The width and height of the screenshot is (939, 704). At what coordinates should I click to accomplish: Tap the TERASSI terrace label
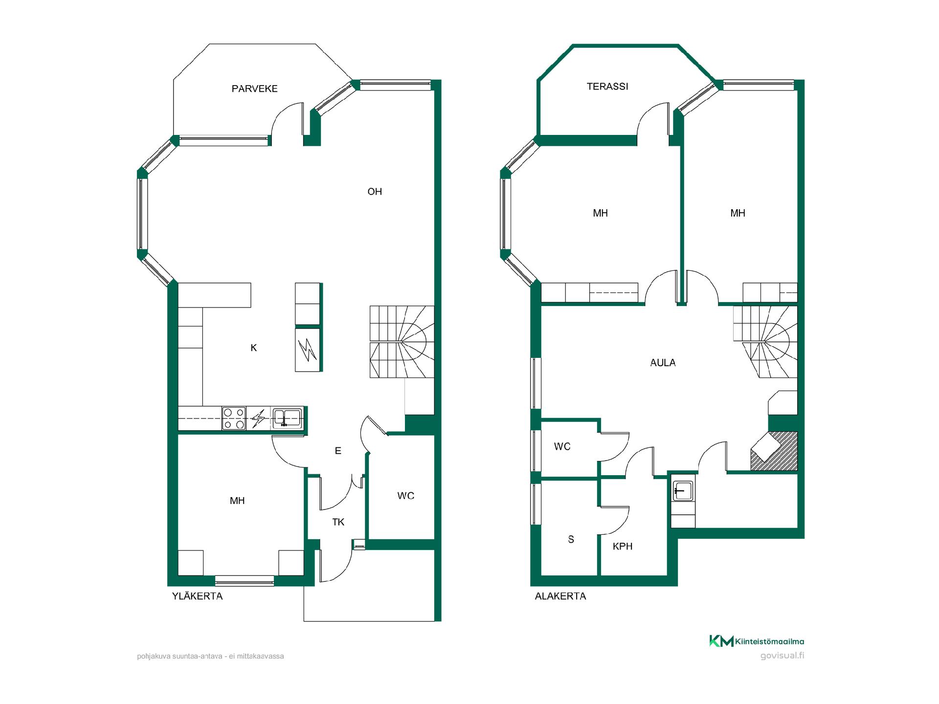click(x=607, y=87)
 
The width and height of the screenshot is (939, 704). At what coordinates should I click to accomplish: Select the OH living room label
click(x=375, y=192)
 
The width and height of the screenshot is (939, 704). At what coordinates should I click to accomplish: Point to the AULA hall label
click(x=663, y=363)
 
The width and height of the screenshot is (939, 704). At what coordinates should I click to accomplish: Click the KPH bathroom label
click(x=623, y=547)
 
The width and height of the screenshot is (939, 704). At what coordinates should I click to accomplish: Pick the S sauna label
click(x=571, y=540)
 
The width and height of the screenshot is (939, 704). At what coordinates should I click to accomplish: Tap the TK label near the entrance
click(x=338, y=522)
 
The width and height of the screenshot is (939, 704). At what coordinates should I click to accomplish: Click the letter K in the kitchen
click(x=254, y=348)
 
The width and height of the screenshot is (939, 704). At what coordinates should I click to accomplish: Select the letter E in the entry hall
click(x=338, y=451)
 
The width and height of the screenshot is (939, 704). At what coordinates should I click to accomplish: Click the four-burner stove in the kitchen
click(x=234, y=418)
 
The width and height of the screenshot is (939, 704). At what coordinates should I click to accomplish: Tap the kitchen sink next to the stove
click(x=287, y=418)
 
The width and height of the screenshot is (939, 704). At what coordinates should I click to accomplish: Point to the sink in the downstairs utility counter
click(x=682, y=490)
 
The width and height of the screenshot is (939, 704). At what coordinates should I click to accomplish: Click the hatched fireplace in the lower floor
click(x=774, y=451)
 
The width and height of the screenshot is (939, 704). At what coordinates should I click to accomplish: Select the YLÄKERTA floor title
click(x=197, y=596)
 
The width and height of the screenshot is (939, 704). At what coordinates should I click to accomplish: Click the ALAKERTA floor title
click(x=560, y=596)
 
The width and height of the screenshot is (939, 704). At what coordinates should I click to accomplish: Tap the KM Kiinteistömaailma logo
click(x=757, y=641)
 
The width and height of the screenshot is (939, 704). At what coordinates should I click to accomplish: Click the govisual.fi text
click(x=782, y=656)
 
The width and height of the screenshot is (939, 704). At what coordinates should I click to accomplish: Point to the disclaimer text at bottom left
click(x=210, y=656)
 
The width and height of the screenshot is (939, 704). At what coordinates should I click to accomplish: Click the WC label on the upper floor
click(x=406, y=496)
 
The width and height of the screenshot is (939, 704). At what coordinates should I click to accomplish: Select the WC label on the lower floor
click(x=562, y=446)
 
